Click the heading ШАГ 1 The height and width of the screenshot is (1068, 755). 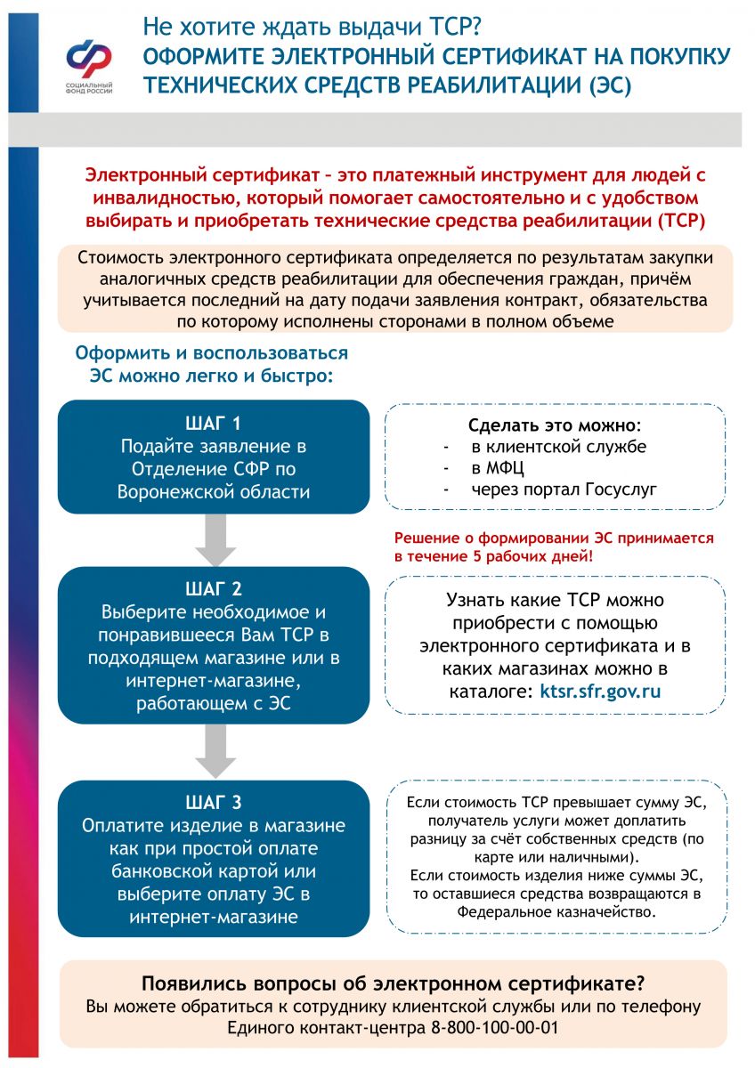coord(213,423)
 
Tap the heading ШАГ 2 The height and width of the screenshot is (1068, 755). coord(213,589)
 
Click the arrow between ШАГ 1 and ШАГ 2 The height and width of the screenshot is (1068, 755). coord(215,540)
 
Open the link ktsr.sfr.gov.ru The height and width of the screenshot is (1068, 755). coord(600,691)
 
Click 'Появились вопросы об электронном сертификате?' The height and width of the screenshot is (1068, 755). coord(393,984)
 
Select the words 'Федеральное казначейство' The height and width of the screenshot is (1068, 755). coord(556,912)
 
